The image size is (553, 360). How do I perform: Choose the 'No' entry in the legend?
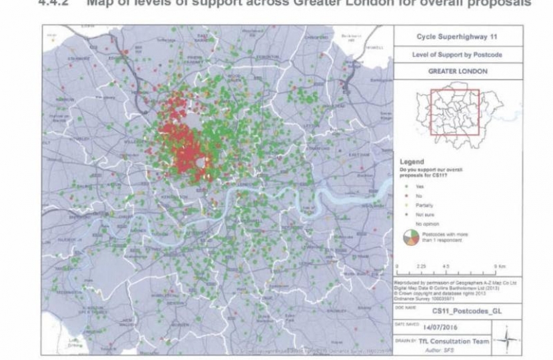coord(418,197)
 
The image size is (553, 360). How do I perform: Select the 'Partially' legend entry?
coord(422,206)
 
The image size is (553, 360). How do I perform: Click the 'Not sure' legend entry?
coord(423,215)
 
